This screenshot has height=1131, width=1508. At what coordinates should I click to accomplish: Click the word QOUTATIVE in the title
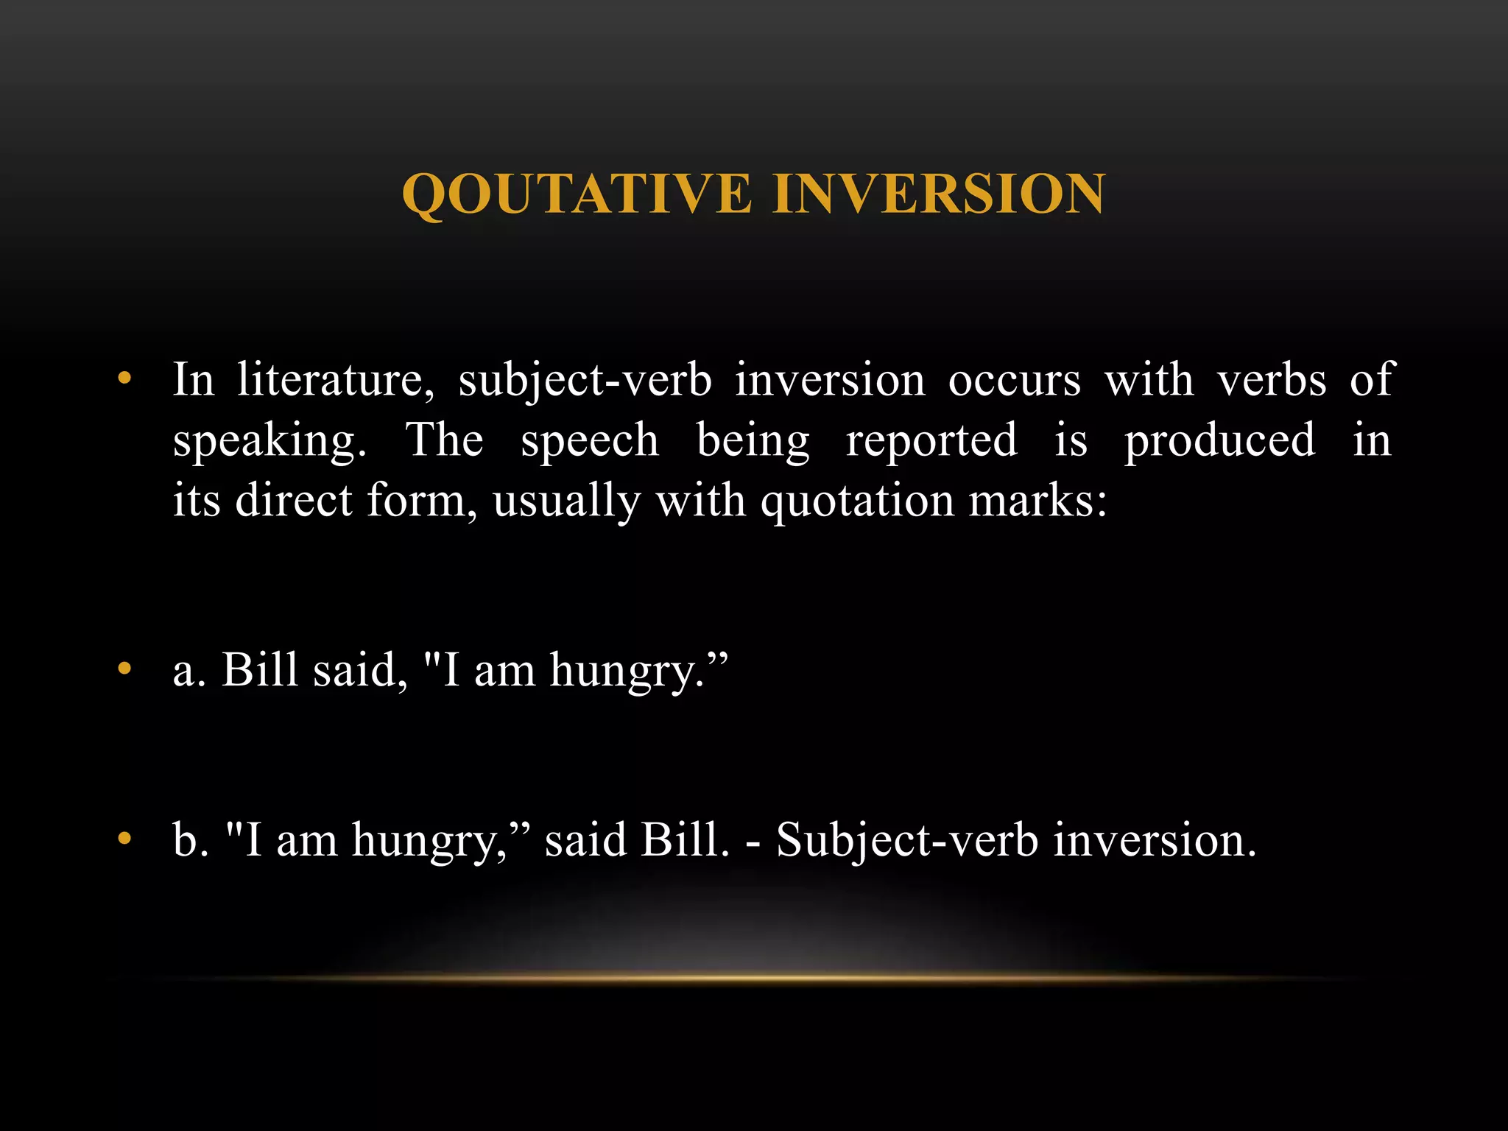tap(577, 194)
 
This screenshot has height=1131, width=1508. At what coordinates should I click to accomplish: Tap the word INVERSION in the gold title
tap(939, 194)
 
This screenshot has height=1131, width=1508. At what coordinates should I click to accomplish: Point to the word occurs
tap(1015, 380)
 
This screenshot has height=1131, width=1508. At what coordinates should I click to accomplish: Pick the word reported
tap(931, 440)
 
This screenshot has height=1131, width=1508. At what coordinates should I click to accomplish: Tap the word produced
tap(1219, 440)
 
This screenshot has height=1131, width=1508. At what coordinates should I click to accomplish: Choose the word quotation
tap(857, 501)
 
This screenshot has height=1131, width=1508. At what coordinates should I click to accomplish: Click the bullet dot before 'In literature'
tap(124, 380)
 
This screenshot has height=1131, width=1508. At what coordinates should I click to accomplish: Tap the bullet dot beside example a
tap(124, 669)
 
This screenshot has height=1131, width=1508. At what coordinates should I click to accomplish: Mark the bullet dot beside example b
tap(124, 839)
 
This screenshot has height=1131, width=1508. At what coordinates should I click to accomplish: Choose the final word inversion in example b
tap(1154, 839)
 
